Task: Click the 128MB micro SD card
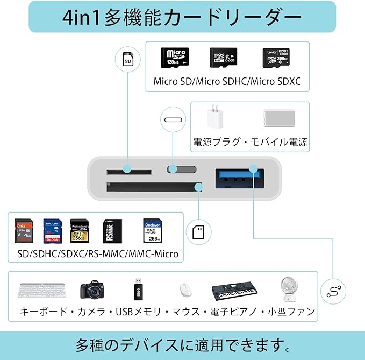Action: pos(175,57)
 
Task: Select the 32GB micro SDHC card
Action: pos(223,57)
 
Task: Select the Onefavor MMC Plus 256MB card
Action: pos(153,231)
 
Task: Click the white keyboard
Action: pos(42,291)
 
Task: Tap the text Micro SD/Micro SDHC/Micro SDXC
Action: pos(227,82)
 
